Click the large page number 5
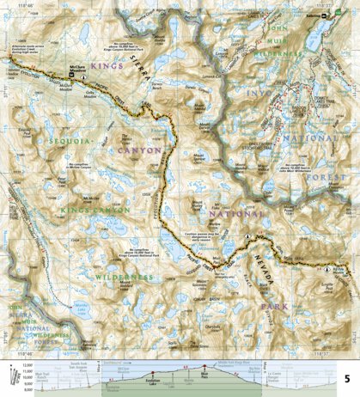[346, 379]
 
